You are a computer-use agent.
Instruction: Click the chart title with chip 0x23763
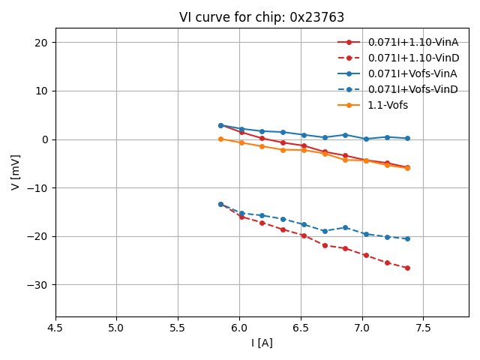(262, 17)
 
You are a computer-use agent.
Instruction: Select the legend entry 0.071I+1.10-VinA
(412, 42)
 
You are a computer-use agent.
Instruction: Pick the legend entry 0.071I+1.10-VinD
(412, 58)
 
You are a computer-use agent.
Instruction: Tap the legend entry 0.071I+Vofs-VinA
(412, 73)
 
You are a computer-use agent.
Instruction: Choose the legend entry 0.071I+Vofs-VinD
(412, 89)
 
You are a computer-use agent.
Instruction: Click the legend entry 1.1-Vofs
(388, 105)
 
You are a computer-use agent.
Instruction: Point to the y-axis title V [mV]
(16, 172)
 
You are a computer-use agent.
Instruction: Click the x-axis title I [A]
(262, 343)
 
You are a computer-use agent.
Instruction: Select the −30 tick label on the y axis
(38, 285)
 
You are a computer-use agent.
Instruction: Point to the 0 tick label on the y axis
(45, 139)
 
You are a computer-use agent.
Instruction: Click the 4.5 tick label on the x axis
(55, 328)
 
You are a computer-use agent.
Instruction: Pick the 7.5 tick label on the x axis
(424, 328)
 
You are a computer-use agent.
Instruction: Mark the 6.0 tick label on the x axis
(239, 328)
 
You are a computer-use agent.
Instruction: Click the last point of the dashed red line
(407, 268)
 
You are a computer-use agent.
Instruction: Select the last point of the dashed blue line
(407, 238)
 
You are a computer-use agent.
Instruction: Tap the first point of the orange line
(220, 139)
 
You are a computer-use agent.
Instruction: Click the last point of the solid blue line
(407, 138)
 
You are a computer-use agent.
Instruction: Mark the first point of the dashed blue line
(220, 204)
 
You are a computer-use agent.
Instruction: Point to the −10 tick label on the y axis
(38, 188)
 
